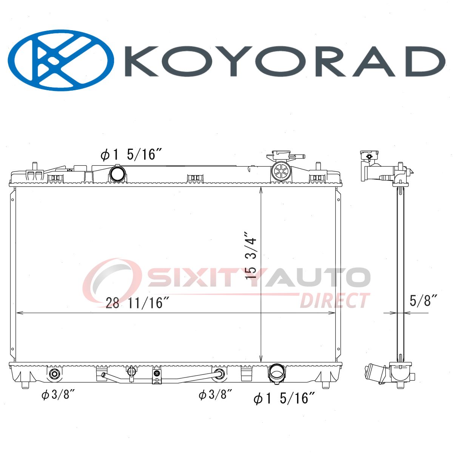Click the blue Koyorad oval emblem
point(61,60)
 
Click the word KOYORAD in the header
point(285,61)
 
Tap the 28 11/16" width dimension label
point(137,303)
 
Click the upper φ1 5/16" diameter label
point(131,155)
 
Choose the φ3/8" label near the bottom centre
point(215,394)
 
